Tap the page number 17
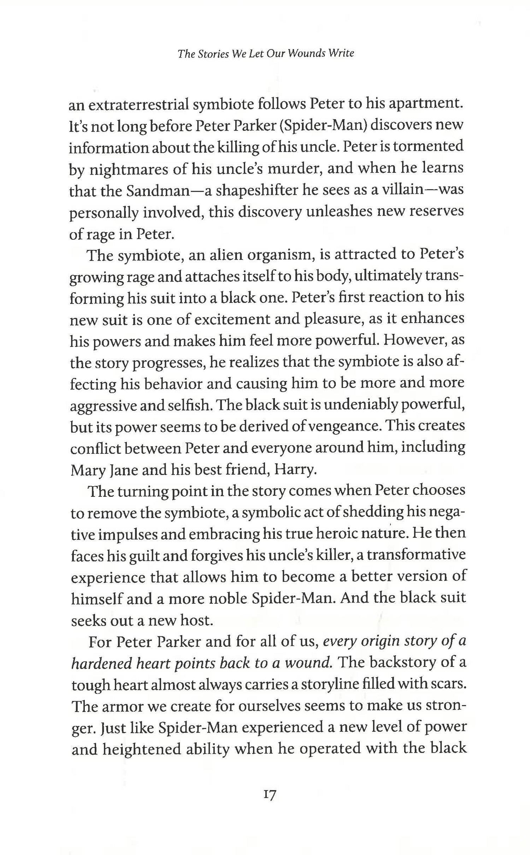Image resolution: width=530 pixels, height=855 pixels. point(269,795)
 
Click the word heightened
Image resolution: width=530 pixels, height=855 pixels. point(142,749)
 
